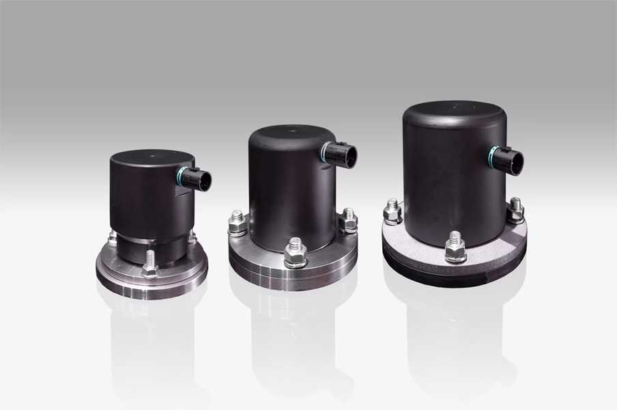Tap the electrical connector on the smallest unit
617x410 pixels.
click(198, 180)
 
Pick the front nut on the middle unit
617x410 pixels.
click(295, 252)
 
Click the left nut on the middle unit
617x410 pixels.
click(238, 223)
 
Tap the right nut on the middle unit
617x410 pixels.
click(348, 220)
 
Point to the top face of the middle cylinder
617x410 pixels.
click(290, 133)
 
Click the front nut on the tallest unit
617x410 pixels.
click(455, 248)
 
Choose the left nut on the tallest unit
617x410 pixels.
click(392, 211)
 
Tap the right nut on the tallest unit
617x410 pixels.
click(515, 210)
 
